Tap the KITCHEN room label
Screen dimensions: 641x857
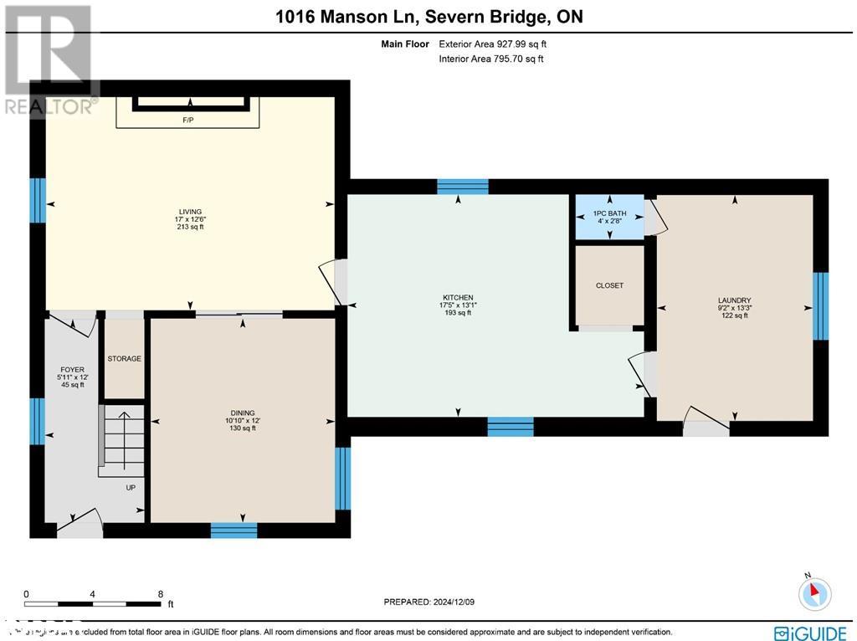(x=459, y=298)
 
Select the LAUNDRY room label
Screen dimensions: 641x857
(x=734, y=300)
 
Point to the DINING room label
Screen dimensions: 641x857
(x=243, y=413)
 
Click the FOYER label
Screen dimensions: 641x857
(x=72, y=369)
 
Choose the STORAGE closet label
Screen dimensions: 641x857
(x=124, y=359)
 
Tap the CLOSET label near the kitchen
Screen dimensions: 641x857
(x=609, y=286)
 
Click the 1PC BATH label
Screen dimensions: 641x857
(x=609, y=214)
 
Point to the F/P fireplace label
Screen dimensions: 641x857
(x=188, y=121)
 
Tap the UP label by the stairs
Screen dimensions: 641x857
(x=131, y=488)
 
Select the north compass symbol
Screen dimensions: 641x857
(x=812, y=592)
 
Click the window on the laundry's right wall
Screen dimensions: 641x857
(x=821, y=305)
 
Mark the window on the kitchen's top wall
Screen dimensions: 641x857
(x=462, y=187)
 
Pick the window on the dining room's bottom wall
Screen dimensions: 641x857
(x=233, y=530)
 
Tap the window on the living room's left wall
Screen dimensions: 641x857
(x=38, y=201)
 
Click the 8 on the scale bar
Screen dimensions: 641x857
(x=160, y=594)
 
